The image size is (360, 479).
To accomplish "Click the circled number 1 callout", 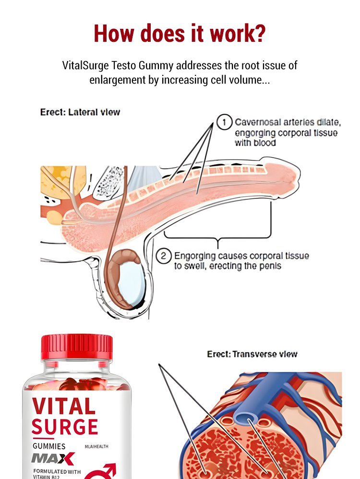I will pyautogui.click(x=224, y=123).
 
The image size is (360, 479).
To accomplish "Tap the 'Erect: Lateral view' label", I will pyautogui.click(x=80, y=112).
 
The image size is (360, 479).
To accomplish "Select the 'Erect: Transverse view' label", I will pyautogui.click(x=252, y=355).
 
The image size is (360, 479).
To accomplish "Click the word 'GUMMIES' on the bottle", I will pyautogui.click(x=49, y=446).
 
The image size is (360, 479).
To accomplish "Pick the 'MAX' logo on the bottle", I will pyautogui.click(x=53, y=458).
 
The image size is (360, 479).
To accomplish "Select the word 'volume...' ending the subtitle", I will pyautogui.click(x=248, y=80).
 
